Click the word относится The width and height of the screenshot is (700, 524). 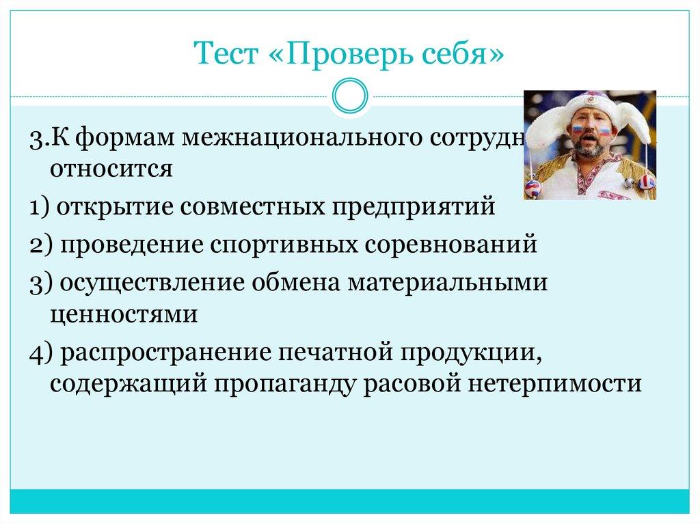[x=111, y=167]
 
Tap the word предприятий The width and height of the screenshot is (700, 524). [x=414, y=206]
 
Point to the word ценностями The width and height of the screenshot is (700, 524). [x=123, y=314]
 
